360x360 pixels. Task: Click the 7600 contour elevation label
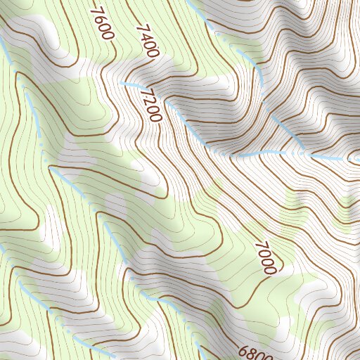point(103,24)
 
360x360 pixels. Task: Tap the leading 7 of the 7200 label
point(146,94)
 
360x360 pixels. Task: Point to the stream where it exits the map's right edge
point(359,159)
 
